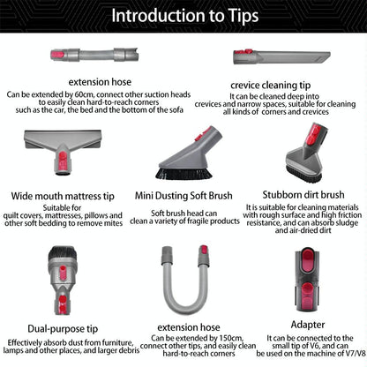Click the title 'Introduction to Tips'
(x=183, y=15)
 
